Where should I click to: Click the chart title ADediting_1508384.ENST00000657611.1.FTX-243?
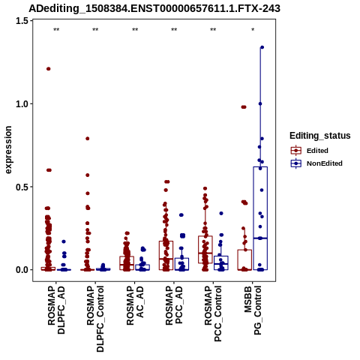tap(154, 8)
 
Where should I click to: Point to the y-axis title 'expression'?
tap(8, 150)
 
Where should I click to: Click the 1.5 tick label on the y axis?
tap(22, 21)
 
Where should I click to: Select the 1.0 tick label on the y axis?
tap(22, 103)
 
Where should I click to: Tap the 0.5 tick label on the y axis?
tap(22, 187)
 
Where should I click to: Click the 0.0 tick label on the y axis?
tap(22, 270)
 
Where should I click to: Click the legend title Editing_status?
tap(320, 136)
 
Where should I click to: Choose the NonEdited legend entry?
tap(316, 163)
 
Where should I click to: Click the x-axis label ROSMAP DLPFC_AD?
tap(56, 310)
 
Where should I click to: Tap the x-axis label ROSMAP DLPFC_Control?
tap(95, 319)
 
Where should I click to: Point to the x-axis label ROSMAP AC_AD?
tap(135, 305)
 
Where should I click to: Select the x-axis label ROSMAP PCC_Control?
tap(213, 313)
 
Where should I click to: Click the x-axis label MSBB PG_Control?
tap(253, 310)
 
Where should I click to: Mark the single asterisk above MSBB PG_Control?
tap(253, 30)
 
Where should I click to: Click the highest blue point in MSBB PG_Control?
tap(262, 47)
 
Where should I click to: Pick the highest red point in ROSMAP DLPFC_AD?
tap(49, 69)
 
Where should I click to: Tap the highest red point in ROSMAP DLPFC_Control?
tap(88, 139)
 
